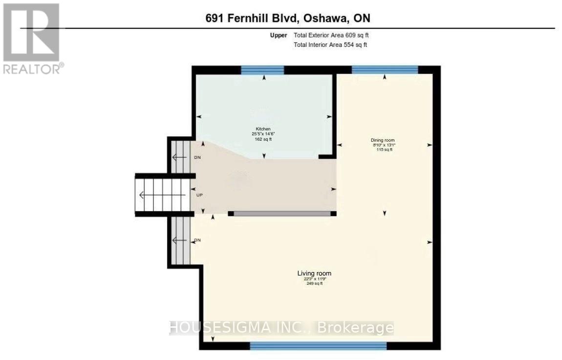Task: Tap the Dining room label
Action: [x=382, y=140]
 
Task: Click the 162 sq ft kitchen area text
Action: [x=263, y=139]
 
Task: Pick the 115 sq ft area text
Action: [x=384, y=150]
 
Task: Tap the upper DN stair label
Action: [x=197, y=158]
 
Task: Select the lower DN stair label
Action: [x=197, y=240]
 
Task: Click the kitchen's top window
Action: [x=262, y=70]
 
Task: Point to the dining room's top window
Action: [x=385, y=70]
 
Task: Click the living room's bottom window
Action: [x=318, y=346]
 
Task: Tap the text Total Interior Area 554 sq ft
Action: [x=330, y=45]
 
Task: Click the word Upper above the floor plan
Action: [x=279, y=35]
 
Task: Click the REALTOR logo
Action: [x=31, y=39]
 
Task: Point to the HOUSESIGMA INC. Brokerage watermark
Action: [x=281, y=327]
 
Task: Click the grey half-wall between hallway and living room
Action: [x=280, y=213]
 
